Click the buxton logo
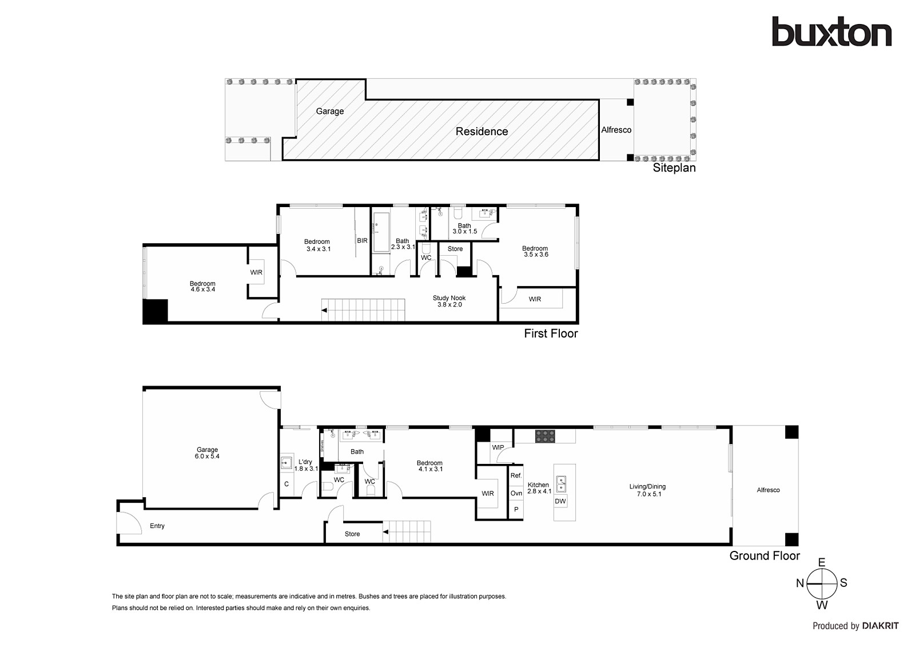[x=832, y=31]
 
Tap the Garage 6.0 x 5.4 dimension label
[x=207, y=453]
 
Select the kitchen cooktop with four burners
[x=546, y=436]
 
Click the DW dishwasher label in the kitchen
[x=560, y=501]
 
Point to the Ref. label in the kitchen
[x=516, y=475]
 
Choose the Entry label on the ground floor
[x=157, y=526]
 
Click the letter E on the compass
[x=822, y=562]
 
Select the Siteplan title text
[x=674, y=168]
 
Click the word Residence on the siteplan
[x=482, y=131]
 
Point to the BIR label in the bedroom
[x=362, y=241]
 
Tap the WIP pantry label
[x=498, y=447]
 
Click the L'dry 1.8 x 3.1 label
[x=305, y=465]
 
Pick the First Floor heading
[x=551, y=334]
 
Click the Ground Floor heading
[x=765, y=556]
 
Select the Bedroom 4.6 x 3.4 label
[x=202, y=287]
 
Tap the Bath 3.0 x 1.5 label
[x=464, y=228]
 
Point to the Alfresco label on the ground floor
[x=769, y=490]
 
